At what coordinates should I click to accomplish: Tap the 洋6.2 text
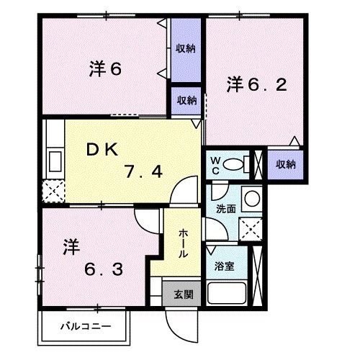coord(258,84)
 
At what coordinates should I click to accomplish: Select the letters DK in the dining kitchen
coord(102,148)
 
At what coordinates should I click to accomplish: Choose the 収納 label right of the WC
coord(285,164)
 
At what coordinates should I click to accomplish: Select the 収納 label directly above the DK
coord(186,101)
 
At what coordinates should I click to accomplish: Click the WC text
coord(215,165)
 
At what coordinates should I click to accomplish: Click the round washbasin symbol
coord(251,198)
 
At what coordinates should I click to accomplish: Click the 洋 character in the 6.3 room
coord(69,246)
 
